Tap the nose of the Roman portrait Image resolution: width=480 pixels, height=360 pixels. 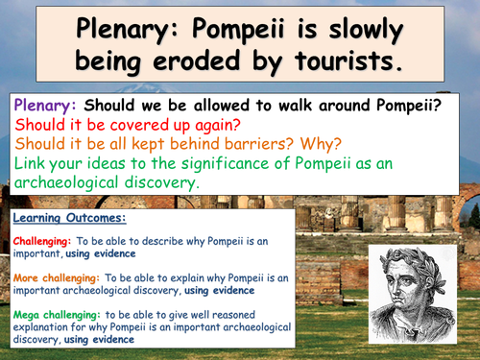pyautogui.click(x=428, y=282)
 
